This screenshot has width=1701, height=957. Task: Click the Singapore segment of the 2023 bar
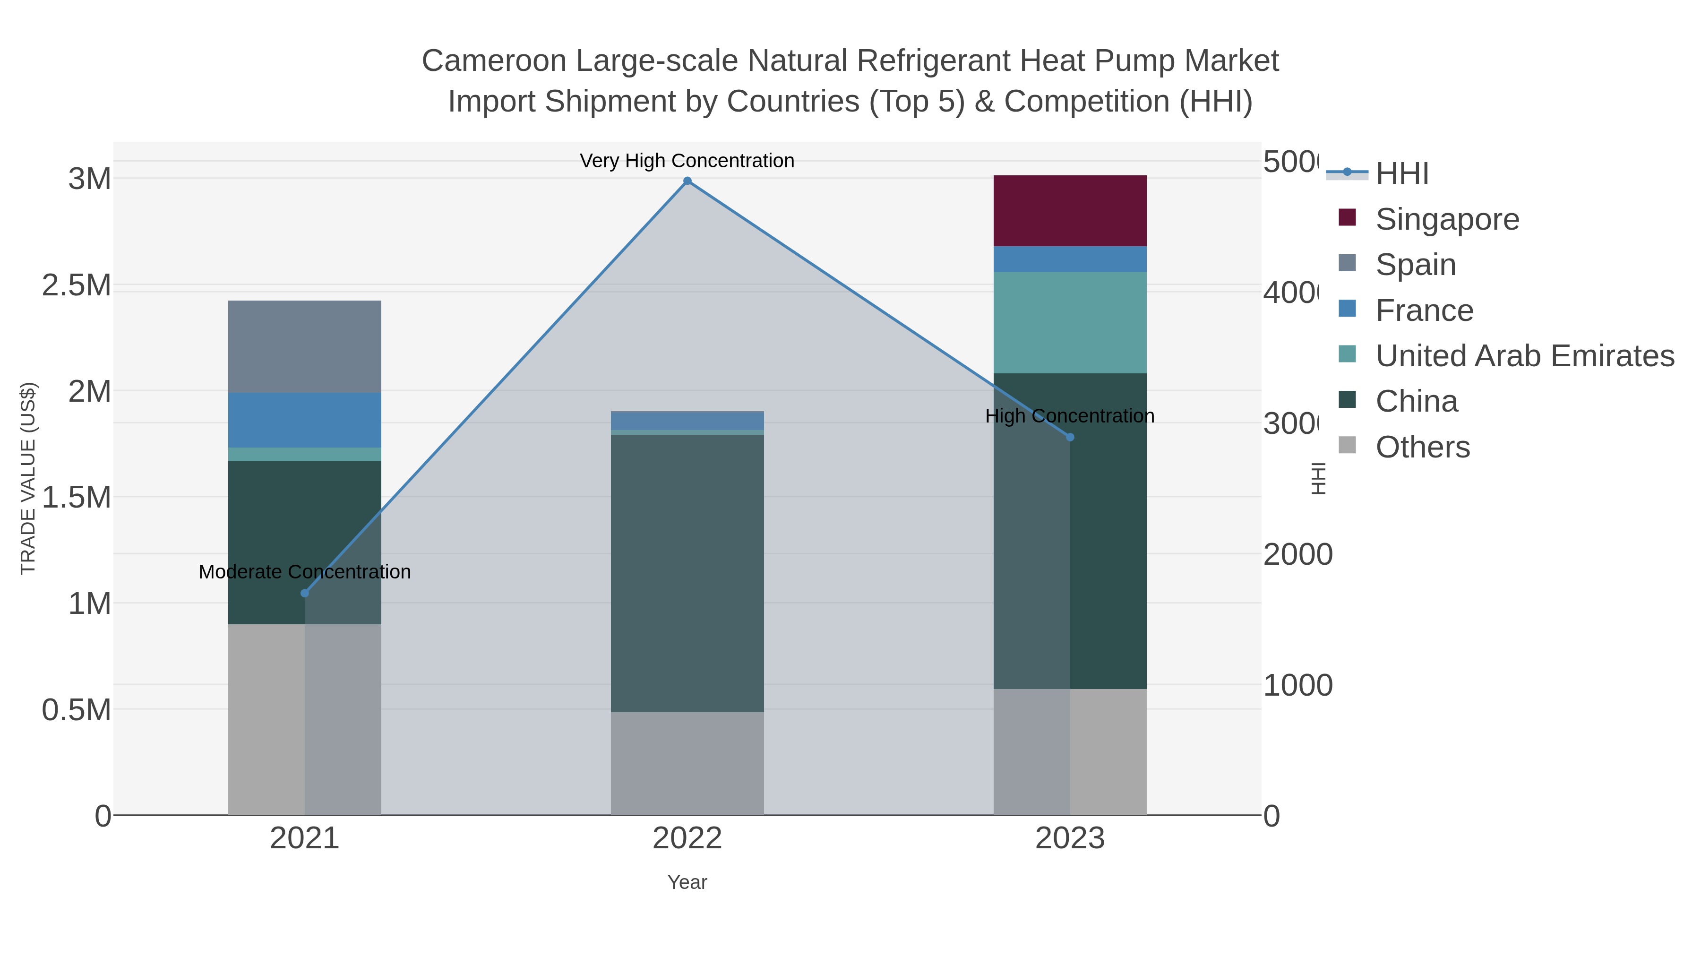1070,211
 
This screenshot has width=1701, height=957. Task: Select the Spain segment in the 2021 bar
304,347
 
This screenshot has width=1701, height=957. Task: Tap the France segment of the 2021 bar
304,420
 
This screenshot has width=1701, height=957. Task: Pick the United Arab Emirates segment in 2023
1070,322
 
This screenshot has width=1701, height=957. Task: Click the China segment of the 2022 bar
687,573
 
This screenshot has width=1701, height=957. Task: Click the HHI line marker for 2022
687,181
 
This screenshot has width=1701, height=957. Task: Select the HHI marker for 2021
304,593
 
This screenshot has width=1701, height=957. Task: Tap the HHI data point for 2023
1070,437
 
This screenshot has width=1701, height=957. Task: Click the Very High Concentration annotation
687,161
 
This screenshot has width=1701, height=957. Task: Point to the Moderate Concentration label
304,572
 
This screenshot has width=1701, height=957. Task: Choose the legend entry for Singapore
1447,219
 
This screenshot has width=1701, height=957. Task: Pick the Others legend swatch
1347,446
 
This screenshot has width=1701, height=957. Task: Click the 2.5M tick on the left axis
77,285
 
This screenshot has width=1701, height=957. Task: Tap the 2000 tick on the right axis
1297,554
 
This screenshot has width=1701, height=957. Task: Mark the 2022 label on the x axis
687,838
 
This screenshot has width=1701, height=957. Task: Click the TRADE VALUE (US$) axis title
28,478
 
